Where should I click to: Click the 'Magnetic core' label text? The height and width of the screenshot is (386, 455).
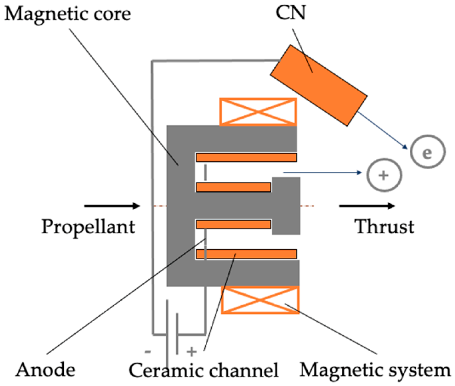(67, 14)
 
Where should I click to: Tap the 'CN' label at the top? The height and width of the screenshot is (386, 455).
(290, 13)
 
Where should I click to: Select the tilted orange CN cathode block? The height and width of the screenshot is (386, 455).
(318, 85)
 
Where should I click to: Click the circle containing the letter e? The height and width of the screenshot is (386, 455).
(427, 152)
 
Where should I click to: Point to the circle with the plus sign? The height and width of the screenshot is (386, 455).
(384, 175)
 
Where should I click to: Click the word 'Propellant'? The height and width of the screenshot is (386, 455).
(88, 227)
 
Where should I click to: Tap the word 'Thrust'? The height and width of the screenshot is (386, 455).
(384, 227)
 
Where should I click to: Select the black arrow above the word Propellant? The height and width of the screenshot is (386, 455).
(112, 206)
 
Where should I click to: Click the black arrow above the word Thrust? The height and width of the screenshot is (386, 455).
(367, 206)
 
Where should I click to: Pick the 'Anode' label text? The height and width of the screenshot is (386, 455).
(45, 370)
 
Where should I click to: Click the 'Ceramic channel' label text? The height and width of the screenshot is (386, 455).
(204, 370)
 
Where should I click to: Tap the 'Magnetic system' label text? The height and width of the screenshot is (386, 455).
(375, 370)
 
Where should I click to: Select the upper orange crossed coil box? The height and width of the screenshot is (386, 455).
(258, 112)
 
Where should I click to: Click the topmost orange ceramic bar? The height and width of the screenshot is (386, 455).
(246, 157)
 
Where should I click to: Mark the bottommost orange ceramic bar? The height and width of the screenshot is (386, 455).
(246, 254)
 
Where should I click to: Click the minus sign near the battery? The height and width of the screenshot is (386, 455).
(148, 352)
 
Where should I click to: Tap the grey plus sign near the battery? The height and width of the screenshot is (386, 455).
(192, 352)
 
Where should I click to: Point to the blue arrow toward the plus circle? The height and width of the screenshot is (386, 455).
(322, 172)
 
